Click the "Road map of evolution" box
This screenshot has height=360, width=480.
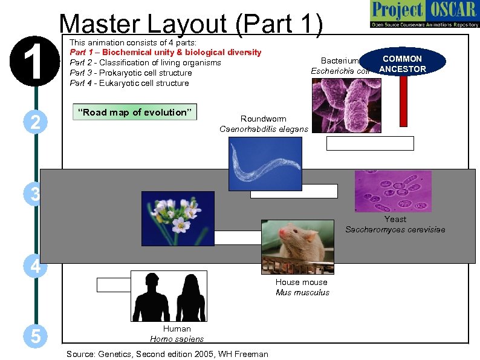click(134, 112)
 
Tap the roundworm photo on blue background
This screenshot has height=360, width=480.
click(265, 163)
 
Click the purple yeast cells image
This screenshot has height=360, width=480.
click(393, 191)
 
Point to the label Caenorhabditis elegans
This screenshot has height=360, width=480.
click(263, 129)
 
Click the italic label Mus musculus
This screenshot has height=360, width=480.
click(302, 292)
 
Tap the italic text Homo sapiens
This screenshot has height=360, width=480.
click(177, 339)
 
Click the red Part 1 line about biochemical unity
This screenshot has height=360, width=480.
click(166, 53)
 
